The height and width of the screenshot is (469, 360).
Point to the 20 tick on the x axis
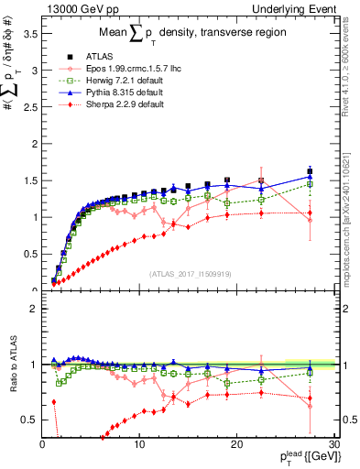[x=236, y=443]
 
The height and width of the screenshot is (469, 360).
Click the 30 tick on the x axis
[x=333, y=443]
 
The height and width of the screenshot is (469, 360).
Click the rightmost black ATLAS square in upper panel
[x=310, y=171]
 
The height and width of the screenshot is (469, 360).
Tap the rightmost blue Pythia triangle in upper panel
[x=310, y=177]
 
